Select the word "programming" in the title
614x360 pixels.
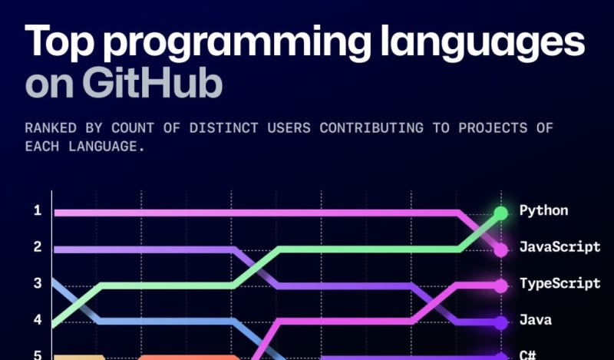[236, 42]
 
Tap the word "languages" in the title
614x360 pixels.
[483, 42]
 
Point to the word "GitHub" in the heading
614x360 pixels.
[152, 84]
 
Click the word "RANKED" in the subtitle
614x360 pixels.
[51, 128]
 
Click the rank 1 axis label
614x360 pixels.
[38, 211]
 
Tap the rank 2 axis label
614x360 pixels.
[38, 247]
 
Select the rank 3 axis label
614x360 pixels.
[38, 283]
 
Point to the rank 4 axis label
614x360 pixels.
[38, 319]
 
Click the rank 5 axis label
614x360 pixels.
[38, 355]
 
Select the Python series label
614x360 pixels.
[543, 211]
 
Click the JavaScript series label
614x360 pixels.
[560, 247]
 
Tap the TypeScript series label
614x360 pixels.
[560, 283]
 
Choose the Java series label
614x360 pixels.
[535, 319]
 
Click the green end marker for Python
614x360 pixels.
[501, 213]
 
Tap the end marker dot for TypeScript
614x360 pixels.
[501, 286]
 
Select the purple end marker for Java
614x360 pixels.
[501, 323]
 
